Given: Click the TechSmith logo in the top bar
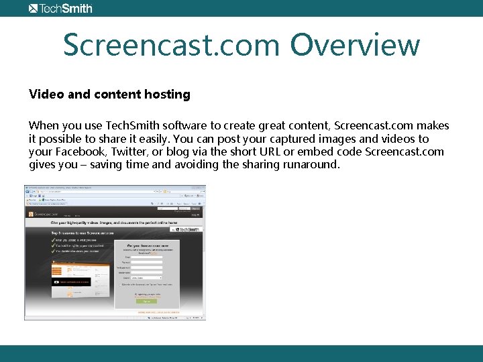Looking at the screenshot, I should (x=60, y=8).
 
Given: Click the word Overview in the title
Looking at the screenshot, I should (x=355, y=45).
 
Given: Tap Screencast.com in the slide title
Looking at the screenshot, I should (x=171, y=45).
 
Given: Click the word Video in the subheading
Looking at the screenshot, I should (x=46, y=95).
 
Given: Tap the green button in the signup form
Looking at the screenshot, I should (x=147, y=302).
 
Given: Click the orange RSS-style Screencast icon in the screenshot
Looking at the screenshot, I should (x=30, y=214).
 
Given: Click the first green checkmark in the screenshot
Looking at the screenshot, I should (x=54, y=239).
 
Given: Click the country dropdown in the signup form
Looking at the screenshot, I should (x=146, y=278).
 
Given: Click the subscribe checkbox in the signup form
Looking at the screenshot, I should (x=120, y=284).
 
